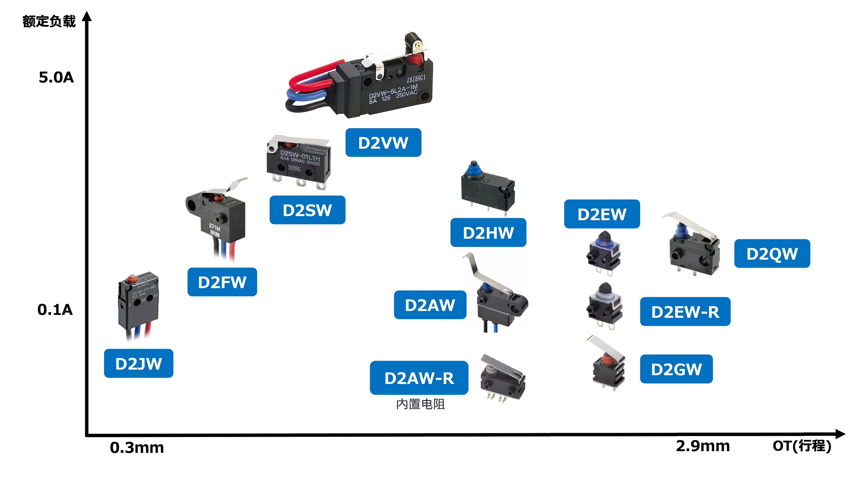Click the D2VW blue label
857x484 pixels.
coord(383,143)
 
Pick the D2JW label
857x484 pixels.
coord(138,363)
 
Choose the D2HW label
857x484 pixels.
coord(488,233)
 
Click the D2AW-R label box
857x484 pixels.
coord(419,378)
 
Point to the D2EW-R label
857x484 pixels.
coord(685,312)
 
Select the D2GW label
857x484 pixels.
coord(676,369)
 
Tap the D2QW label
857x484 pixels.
coord(772,254)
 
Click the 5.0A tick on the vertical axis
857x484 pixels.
coord(56,77)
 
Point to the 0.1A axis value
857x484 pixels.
coord(55,310)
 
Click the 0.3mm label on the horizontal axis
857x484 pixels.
coord(137,448)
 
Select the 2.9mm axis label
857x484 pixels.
coord(703,446)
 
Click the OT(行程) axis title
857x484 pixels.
coord(802,446)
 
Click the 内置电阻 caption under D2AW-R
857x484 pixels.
coord(420,404)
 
